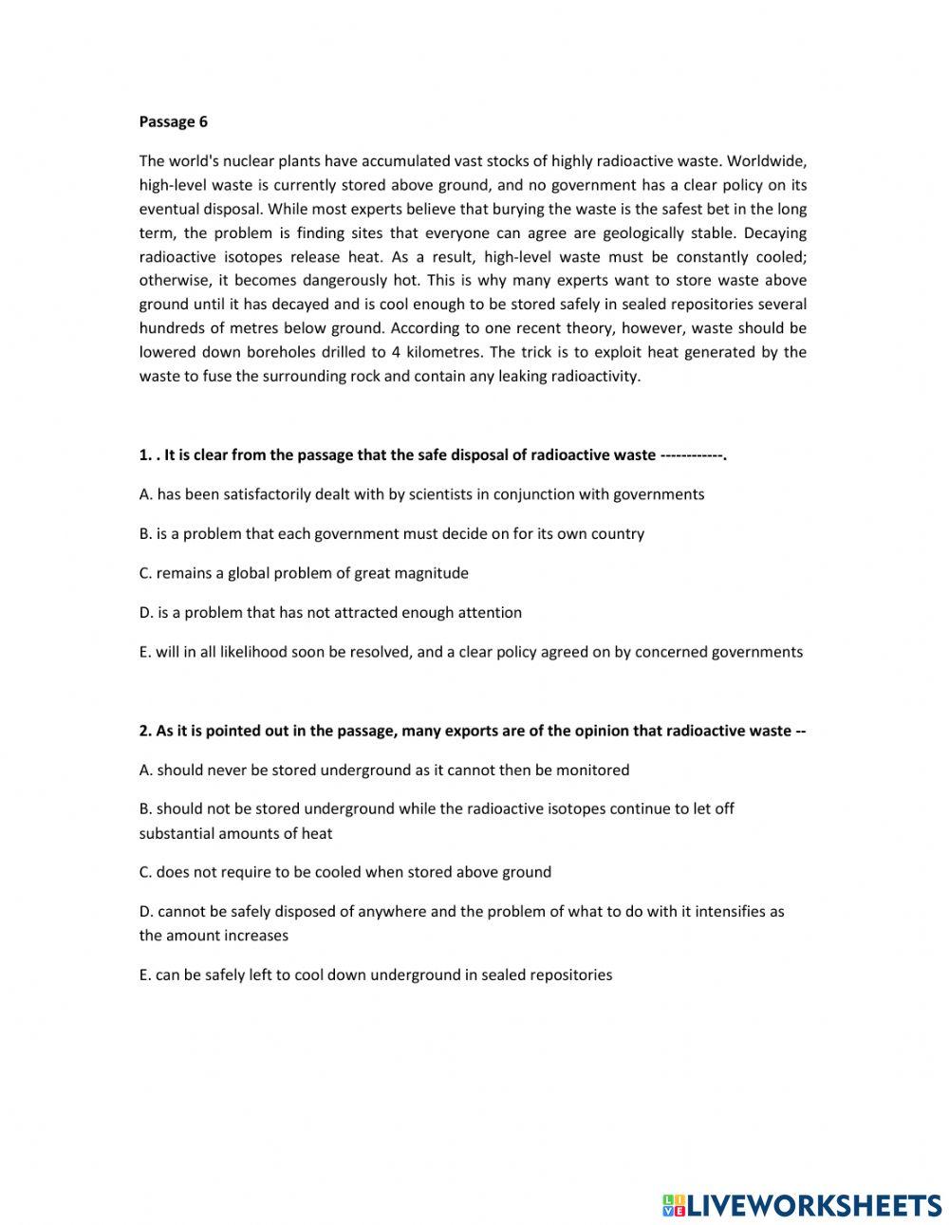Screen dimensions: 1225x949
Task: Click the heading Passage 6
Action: (x=173, y=121)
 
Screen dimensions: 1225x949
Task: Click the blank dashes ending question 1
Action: (x=693, y=455)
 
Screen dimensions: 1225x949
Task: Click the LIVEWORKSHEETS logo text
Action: (x=814, y=1205)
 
